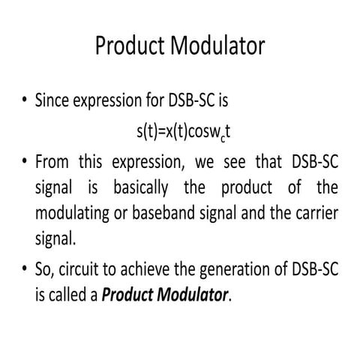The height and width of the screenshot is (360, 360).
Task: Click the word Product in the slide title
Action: point(132,46)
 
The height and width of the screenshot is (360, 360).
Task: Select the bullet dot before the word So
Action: point(25,269)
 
